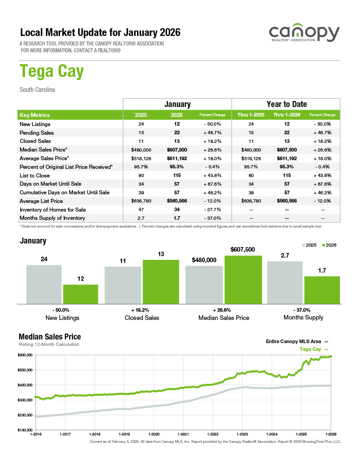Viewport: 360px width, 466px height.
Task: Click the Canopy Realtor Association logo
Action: point(304,34)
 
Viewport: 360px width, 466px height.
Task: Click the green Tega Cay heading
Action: point(51,72)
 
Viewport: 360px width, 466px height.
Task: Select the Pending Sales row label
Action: point(37,132)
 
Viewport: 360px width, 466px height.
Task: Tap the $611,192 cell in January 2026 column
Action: point(177,158)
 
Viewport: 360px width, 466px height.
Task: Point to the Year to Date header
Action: point(286,104)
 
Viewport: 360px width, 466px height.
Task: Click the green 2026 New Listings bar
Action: point(81,294)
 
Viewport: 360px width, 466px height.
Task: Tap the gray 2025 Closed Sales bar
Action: point(123,285)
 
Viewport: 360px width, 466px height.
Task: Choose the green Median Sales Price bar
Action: point(243,279)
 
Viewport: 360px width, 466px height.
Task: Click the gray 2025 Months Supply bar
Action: point(285,282)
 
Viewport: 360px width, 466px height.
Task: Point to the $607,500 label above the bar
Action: point(243,249)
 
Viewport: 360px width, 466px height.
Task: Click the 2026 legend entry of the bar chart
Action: point(329,245)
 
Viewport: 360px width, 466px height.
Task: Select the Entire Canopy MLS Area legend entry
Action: point(296,341)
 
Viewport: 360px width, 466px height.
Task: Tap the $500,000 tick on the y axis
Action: point(25,370)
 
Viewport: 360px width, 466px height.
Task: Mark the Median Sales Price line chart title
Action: point(50,337)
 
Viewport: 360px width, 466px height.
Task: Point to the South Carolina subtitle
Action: point(37,90)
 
